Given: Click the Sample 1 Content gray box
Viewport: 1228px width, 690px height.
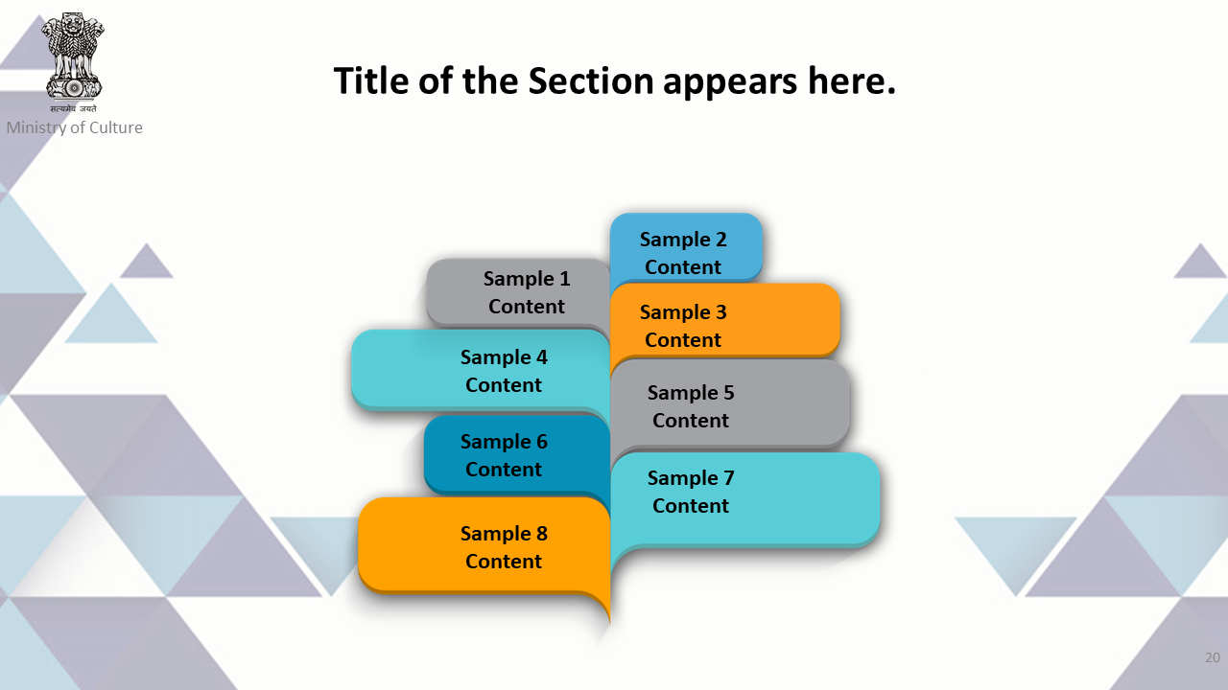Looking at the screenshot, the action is pos(518,293).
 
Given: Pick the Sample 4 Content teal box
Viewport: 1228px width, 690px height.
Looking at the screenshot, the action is pos(481,370).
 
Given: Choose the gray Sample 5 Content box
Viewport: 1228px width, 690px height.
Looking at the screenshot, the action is pos(730,404).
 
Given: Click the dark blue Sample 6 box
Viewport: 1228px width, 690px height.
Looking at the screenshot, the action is pos(516,454).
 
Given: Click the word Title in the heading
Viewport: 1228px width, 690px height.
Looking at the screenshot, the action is pos(371,81).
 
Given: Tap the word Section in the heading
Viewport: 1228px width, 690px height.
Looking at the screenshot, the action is pos(590,81).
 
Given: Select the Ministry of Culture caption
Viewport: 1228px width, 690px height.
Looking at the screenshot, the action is pos(75,127).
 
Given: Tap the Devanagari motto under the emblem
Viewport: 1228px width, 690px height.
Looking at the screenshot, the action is pos(73,108).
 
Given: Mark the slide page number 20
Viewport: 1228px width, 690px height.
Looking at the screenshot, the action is pos(1212,657).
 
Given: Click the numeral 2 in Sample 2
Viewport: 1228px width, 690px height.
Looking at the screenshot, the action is pos(720,240).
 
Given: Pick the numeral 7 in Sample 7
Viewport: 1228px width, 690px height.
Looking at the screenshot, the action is pos(728,478).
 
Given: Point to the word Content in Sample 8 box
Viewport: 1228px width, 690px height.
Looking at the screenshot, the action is pos(504,562).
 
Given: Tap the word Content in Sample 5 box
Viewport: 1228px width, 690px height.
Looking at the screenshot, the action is pos(690,421).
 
